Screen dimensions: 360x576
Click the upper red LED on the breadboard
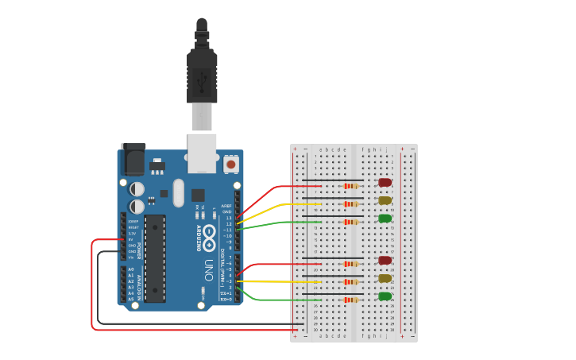(x=385, y=183)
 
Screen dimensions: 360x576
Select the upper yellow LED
(x=385, y=200)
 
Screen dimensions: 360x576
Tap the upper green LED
(x=385, y=218)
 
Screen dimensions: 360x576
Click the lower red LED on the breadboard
(x=385, y=260)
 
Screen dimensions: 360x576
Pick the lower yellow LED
(x=385, y=278)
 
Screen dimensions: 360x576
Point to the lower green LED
(x=385, y=296)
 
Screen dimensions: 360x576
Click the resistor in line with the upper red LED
(x=350, y=187)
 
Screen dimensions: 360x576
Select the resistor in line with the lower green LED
(x=350, y=300)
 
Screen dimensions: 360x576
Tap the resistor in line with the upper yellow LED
(x=350, y=204)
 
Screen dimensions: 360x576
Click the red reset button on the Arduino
(x=231, y=164)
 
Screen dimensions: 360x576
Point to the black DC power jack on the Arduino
(x=133, y=160)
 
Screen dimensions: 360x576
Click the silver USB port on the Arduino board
(x=202, y=153)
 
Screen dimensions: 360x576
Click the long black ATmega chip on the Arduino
(x=155, y=257)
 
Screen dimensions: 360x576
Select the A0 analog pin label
(x=131, y=269)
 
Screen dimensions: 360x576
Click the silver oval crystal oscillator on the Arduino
(x=177, y=192)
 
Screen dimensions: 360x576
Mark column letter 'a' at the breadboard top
(x=320, y=149)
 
